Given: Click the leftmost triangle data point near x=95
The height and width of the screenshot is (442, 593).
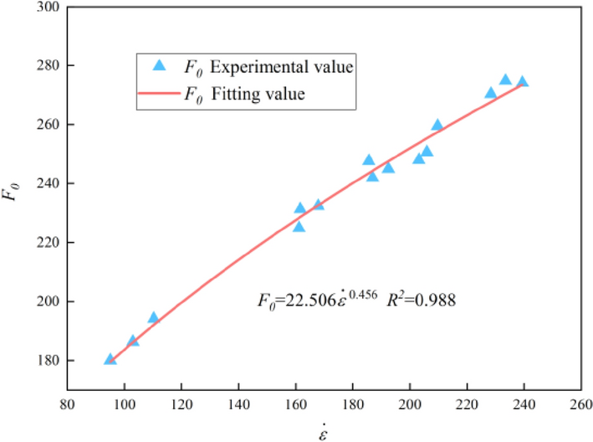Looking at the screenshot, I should coord(110,359).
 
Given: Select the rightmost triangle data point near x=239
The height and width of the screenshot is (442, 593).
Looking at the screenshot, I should coord(522,82).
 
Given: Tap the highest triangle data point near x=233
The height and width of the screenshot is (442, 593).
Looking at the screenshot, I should coord(505,80).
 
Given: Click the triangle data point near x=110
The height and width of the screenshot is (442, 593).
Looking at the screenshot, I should coord(153,317).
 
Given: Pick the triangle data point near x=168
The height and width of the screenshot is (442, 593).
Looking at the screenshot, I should coord(318,204).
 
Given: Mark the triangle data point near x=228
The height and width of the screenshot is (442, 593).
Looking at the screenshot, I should coord(491,92).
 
